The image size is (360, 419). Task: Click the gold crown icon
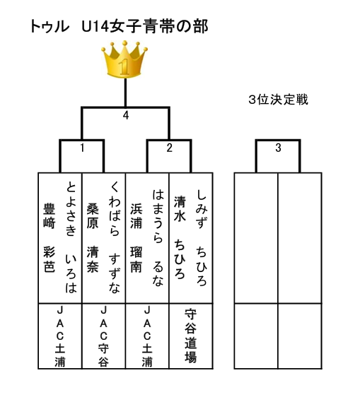tap(124, 59)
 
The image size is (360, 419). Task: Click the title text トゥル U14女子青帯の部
tap(119, 27)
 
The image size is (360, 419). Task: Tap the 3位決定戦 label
tap(278, 100)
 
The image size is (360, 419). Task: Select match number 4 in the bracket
tap(126, 115)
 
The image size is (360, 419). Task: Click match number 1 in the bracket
tap(82, 148)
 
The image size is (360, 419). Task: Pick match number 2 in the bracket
tap(169, 148)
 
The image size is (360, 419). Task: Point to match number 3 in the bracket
tap(278, 148)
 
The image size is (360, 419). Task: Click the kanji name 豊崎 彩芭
tap(50, 237)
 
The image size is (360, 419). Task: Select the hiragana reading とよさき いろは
tap(71, 237)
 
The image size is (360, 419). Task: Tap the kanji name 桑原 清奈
tap(93, 237)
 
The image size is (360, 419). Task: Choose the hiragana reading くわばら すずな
tap(115, 237)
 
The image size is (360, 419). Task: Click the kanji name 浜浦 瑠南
tap(136, 237)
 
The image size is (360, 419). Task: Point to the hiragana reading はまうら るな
tap(158, 237)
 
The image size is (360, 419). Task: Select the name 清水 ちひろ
tap(180, 237)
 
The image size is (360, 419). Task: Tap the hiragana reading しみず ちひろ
tap(202, 237)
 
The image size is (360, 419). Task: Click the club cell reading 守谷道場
tap(191, 336)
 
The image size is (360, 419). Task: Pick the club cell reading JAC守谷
tap(103, 336)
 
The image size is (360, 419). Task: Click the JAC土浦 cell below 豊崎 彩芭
tap(60, 336)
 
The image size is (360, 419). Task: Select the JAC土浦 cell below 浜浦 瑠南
tap(147, 336)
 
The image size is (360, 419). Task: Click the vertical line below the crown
tap(125, 93)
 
